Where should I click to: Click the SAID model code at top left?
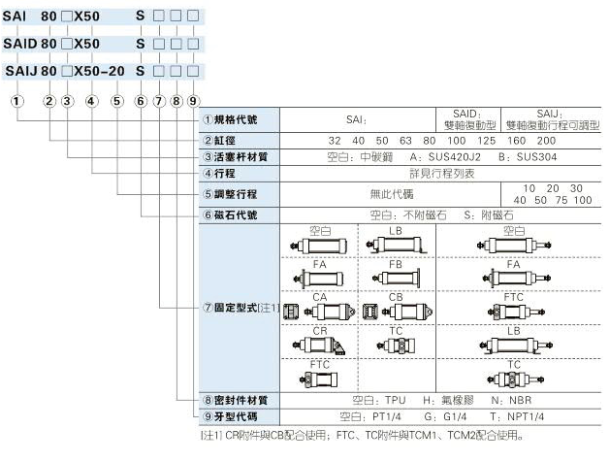[21, 44]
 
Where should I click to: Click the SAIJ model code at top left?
[21, 71]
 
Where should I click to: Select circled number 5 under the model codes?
[116, 100]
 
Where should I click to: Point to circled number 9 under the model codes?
[194, 100]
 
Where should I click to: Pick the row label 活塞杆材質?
[242, 156]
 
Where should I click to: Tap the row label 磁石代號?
[236, 214]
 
